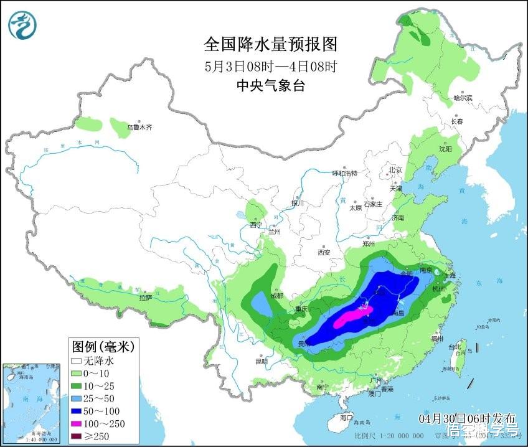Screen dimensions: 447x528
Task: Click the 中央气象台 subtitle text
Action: coord(270,87)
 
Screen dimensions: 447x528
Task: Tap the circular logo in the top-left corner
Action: coord(22,25)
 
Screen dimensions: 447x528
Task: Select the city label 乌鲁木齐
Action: coord(139,127)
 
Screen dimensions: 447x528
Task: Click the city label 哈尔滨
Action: coord(463,98)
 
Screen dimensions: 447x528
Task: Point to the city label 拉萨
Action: coord(145,298)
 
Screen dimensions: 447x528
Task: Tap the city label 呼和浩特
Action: coord(344,174)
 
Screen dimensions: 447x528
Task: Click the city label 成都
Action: coord(276,295)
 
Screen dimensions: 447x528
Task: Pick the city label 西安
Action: coord(323,252)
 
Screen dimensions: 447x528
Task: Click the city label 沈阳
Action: coord(445,149)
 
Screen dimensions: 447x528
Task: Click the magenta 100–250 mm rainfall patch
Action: coord(352,317)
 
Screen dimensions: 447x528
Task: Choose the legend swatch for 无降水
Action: coord(77,360)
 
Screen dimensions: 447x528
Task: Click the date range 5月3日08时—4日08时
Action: coord(270,66)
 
